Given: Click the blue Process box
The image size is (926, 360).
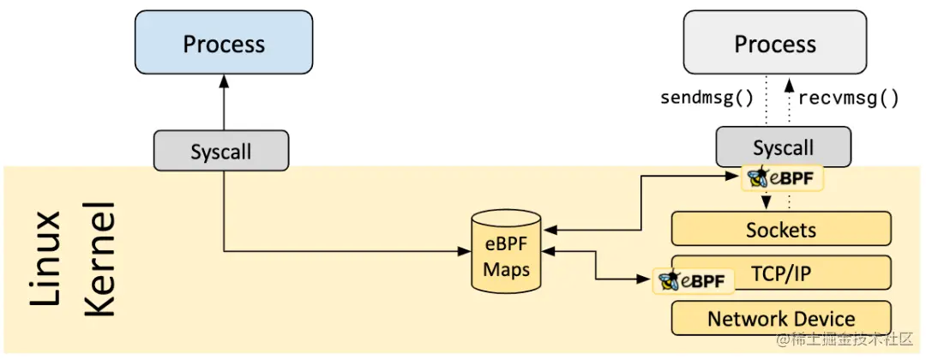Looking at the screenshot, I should tap(224, 43).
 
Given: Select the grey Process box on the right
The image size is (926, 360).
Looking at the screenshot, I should tap(774, 43).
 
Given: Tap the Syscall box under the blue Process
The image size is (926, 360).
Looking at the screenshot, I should tap(220, 151).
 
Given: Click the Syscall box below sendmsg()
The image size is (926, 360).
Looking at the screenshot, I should tap(783, 147).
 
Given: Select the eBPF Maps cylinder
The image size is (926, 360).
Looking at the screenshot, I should tap(506, 255).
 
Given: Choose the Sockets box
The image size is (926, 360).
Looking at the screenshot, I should tap(780, 230).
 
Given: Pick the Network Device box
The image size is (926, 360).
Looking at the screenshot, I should tap(780, 318).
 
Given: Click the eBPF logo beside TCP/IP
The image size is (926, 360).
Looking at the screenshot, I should tap(694, 280).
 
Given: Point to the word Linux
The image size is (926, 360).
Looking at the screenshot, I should tap(48, 257).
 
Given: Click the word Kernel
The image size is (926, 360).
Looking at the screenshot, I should tap(100, 257).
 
